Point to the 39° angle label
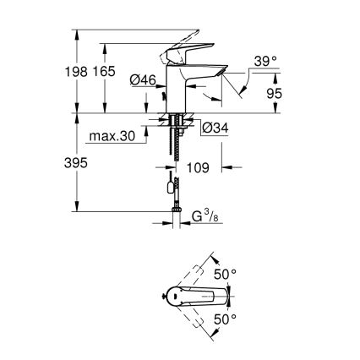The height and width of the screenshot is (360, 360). [x=265, y=62]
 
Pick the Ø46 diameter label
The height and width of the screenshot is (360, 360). [x=144, y=80]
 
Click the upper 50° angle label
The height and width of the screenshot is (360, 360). [x=225, y=275]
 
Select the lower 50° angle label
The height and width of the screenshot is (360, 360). [x=225, y=319]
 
